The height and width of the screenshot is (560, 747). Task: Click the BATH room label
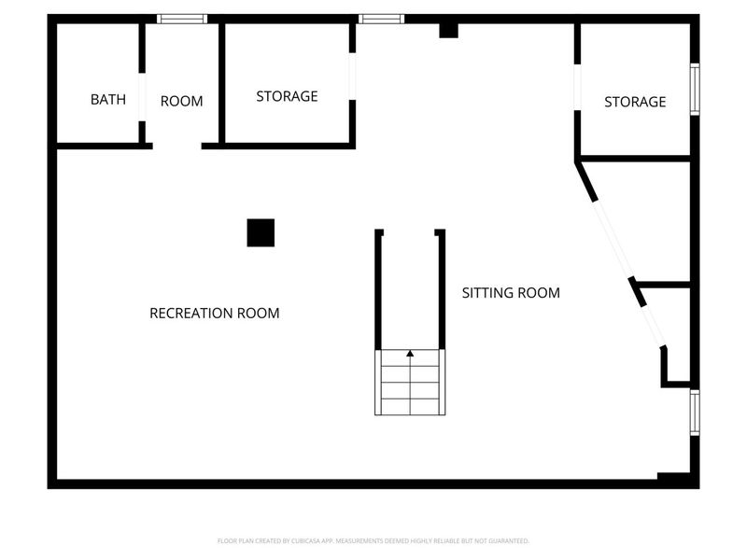point(108,100)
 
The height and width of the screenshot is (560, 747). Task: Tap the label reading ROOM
point(181,101)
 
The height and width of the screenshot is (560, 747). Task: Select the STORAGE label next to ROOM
point(287,96)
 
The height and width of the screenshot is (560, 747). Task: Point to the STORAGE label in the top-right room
point(635,102)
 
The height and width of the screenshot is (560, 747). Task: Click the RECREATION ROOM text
point(214,314)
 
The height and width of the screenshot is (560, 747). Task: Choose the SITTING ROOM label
point(511,293)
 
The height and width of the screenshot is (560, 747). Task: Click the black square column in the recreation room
point(261,232)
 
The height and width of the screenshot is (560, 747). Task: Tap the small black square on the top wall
point(449,30)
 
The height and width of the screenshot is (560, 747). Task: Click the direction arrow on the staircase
point(410,354)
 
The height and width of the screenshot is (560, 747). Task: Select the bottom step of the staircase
point(410,407)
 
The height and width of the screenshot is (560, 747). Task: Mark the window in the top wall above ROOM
point(182,19)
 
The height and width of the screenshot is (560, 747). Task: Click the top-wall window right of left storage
point(382,19)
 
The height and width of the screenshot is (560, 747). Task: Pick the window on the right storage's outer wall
point(694,89)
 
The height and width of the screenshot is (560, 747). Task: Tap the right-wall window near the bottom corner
point(694,413)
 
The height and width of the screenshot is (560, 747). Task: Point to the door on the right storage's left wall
point(578,88)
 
